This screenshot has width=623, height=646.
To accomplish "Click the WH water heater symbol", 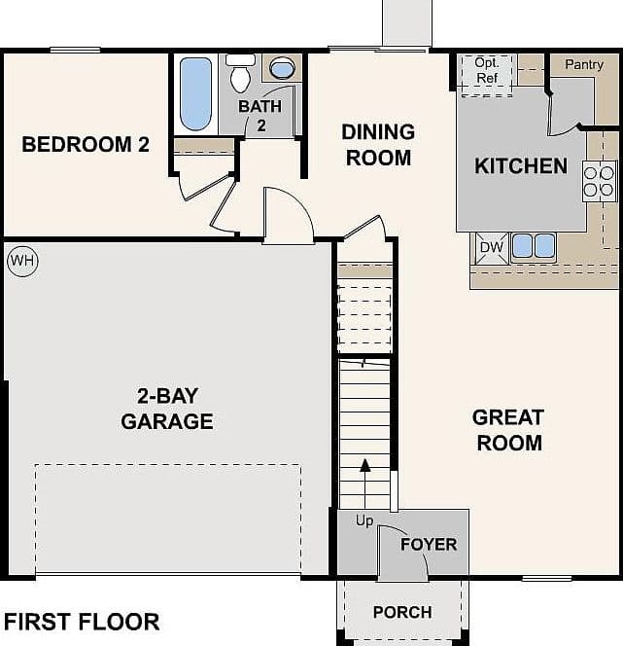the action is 22,261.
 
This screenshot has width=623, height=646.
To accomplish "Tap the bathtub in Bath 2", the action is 195,94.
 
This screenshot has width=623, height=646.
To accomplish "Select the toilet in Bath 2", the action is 241,73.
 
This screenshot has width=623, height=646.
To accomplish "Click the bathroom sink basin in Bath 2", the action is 283,68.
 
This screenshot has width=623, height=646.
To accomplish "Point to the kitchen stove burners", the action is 599,181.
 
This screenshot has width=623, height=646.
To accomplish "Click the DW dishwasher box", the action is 492,248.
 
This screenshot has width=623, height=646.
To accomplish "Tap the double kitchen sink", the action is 534,246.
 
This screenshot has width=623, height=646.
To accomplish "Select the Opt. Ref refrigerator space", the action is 487,75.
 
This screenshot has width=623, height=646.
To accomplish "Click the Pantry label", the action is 584,64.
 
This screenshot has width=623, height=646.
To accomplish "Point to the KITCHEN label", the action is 521,166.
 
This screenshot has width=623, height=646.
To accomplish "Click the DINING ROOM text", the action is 378,145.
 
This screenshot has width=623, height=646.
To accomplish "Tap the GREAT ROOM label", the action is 508,430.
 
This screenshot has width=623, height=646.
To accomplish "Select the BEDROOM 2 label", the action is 86,145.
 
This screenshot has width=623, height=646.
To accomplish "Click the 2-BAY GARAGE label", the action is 167,409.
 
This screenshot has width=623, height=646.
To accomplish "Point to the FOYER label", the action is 429,545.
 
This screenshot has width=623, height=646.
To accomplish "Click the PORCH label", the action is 402,612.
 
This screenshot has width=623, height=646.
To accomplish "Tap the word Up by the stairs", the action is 364,521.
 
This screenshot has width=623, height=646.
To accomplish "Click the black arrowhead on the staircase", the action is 365,465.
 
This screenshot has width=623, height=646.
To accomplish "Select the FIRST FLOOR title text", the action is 82,622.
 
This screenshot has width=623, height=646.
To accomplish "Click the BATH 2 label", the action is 260,116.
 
